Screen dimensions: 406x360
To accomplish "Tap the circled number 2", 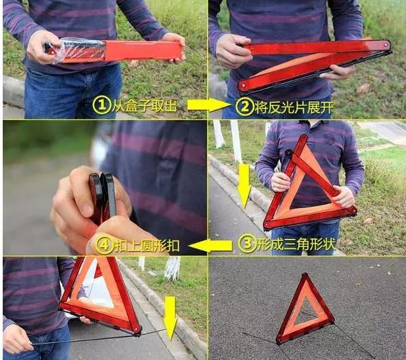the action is click(244, 107).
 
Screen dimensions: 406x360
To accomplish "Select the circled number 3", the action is click(247, 244).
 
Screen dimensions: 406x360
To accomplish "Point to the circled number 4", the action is click(104, 245).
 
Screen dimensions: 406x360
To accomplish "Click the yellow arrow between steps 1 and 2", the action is click(208, 105).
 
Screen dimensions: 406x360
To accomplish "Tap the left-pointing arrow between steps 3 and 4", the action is click(210, 246).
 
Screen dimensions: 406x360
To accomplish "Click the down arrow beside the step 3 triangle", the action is click(244, 186).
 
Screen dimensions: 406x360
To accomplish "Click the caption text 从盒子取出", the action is click(144, 105).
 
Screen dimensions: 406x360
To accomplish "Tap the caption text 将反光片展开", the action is click(294, 107).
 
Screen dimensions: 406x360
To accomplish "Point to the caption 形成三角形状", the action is click(296, 244).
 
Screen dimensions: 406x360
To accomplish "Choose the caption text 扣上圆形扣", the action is click(146, 245).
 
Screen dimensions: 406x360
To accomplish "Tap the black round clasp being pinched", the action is click(101, 197).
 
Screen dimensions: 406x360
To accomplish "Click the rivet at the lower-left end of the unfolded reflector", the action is click(243, 85).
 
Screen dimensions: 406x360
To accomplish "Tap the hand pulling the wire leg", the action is click(17, 338).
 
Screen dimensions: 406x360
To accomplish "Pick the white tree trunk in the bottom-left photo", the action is click(172, 267).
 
